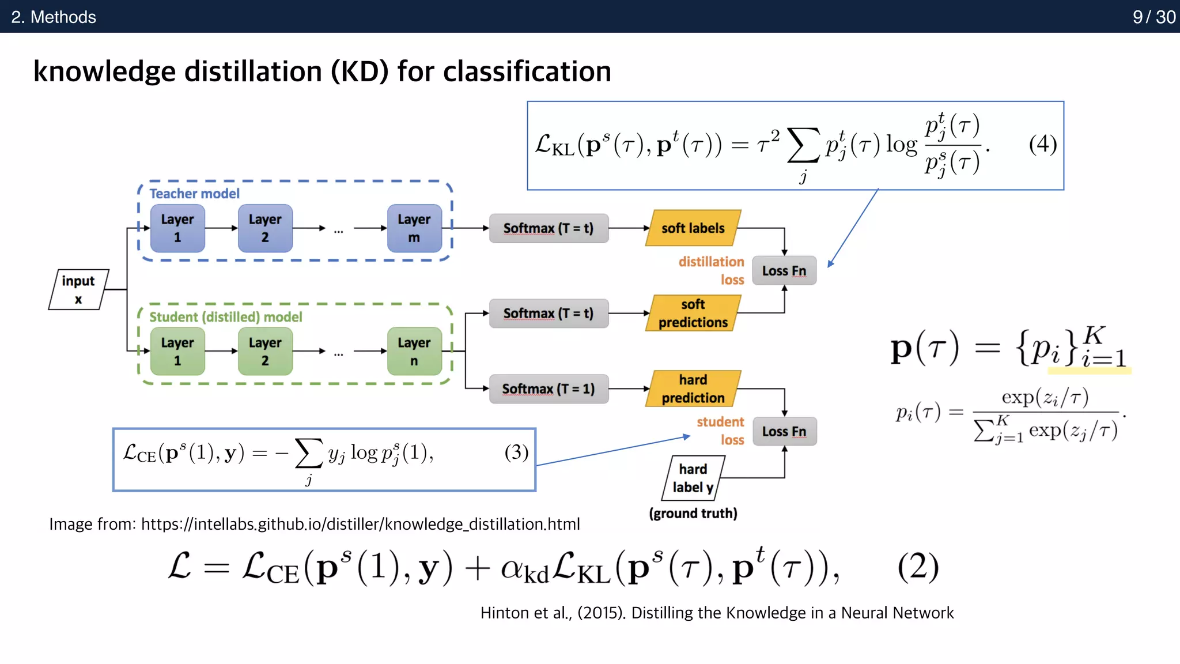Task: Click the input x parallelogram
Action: point(78,289)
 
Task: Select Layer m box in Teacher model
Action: point(414,228)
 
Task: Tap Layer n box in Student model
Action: point(414,351)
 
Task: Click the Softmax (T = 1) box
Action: point(548,389)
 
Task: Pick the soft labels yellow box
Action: point(693,228)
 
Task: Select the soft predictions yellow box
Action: point(693,313)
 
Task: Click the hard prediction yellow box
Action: point(693,389)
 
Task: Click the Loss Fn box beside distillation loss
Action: point(784,271)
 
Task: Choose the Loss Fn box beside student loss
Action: point(784,432)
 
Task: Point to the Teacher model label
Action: point(194,194)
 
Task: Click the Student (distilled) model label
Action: point(225,317)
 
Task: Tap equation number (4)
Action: point(1042,144)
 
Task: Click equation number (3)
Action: point(516,452)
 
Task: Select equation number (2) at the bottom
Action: point(918,567)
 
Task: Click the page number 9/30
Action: point(1153,17)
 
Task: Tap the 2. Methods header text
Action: point(54,17)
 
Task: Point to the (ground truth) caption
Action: point(693,513)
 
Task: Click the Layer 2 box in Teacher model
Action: point(265,228)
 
